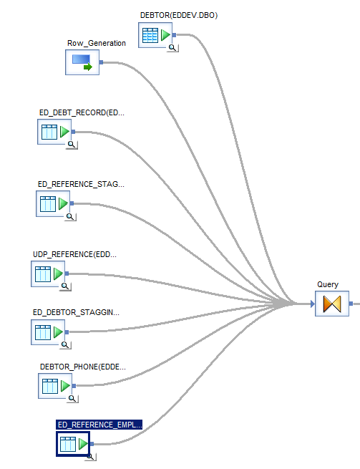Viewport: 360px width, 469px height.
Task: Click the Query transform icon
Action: (331, 304)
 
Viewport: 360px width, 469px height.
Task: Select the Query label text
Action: (328, 284)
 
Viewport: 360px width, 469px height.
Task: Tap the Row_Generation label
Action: (97, 43)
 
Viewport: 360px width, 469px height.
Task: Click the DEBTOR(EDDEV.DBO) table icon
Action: (157, 35)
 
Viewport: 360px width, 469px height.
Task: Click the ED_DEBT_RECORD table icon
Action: (56, 132)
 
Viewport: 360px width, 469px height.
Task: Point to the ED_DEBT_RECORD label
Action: (82, 112)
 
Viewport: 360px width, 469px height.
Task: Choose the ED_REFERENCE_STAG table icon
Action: (54, 203)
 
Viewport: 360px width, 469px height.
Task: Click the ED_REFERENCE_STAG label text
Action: (80, 184)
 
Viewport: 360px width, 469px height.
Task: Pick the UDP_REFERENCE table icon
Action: (49, 274)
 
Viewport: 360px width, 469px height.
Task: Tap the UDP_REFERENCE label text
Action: (74, 254)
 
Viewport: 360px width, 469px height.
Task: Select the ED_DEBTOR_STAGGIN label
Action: (76, 313)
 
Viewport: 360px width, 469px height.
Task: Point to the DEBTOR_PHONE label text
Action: (82, 367)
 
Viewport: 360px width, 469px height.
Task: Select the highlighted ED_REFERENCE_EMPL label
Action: (99, 425)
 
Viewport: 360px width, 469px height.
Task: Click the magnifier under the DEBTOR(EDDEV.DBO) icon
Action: (172, 47)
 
